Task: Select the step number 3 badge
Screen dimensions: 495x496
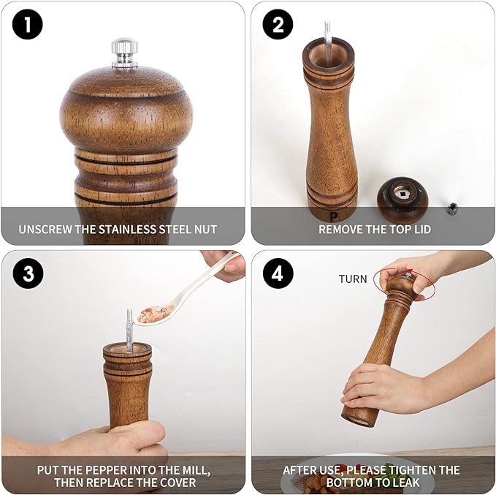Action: click(28, 274)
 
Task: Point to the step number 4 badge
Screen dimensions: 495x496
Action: click(278, 274)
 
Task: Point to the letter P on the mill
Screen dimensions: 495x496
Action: click(333, 216)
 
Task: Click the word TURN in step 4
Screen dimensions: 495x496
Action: click(353, 279)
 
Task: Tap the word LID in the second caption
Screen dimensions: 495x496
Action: click(420, 230)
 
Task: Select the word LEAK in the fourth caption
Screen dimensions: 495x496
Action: click(405, 483)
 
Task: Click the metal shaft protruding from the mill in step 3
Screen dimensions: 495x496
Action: click(129, 326)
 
